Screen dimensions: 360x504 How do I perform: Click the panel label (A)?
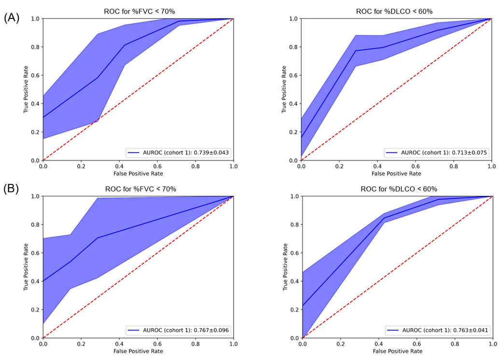point(12,18)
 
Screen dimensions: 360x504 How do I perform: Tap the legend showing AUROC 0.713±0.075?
point(437,152)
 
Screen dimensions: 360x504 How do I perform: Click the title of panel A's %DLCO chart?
point(396,11)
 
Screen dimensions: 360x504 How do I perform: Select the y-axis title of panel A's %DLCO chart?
point(284,90)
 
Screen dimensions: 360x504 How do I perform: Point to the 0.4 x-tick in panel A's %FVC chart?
point(119,166)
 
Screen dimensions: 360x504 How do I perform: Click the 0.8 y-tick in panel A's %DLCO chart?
point(293,47)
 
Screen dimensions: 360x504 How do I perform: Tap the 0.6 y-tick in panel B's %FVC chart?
point(35,253)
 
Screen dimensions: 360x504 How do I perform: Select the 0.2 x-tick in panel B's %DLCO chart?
point(341,344)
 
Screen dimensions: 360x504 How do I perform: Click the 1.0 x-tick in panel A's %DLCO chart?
point(491,166)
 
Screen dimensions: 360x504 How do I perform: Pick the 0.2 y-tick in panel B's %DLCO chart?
point(294,310)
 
